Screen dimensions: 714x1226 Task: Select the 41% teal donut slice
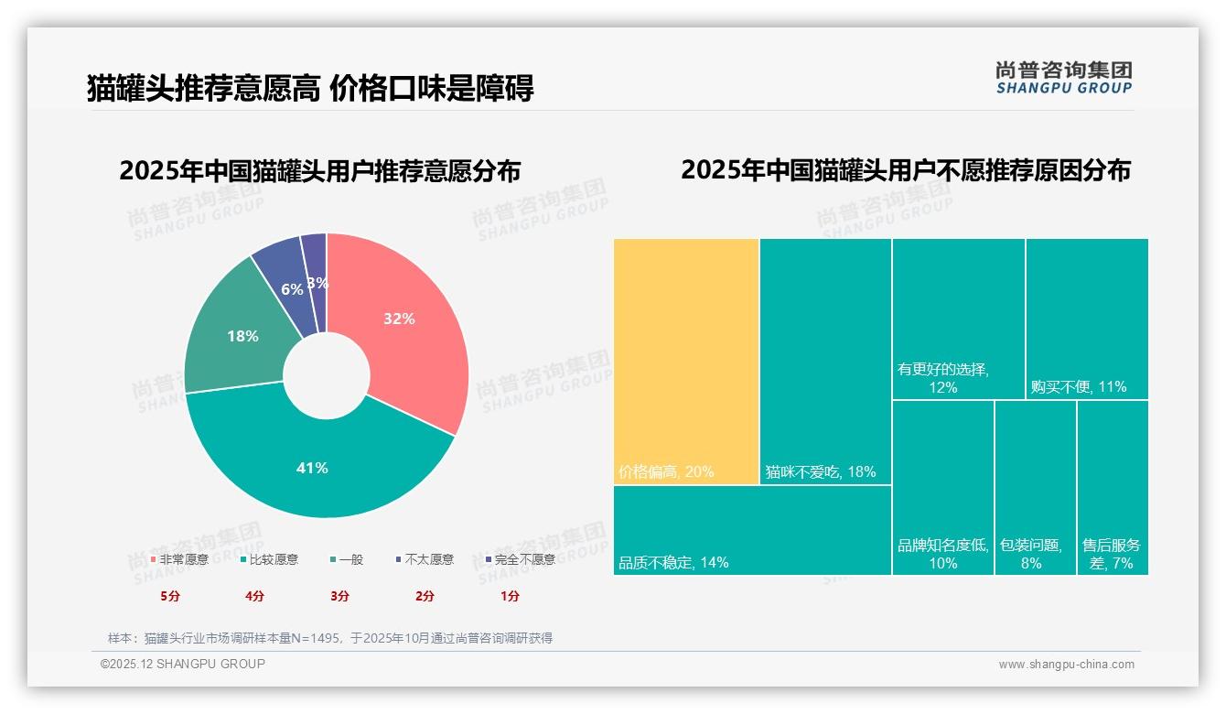click(x=311, y=467)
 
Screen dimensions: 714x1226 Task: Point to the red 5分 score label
click(x=170, y=596)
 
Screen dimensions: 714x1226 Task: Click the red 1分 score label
click(x=510, y=596)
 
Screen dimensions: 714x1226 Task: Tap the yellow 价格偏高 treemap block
click(x=686, y=361)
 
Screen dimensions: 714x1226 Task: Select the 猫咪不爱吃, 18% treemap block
click(x=825, y=361)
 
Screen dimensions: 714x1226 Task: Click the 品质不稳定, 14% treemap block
click(x=752, y=530)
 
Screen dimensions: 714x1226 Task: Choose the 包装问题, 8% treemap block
click(x=1035, y=487)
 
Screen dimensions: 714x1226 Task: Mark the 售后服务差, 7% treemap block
click(x=1113, y=487)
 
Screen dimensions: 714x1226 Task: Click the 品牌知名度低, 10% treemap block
click(x=942, y=487)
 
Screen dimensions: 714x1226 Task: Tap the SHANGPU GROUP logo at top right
click(x=1064, y=78)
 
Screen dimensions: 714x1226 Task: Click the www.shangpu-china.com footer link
click(x=1066, y=665)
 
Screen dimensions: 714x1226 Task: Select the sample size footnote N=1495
click(x=330, y=638)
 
